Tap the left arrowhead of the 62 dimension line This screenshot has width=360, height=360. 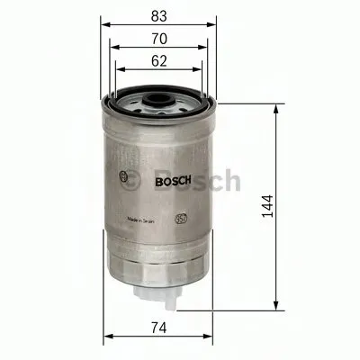(119, 73)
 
